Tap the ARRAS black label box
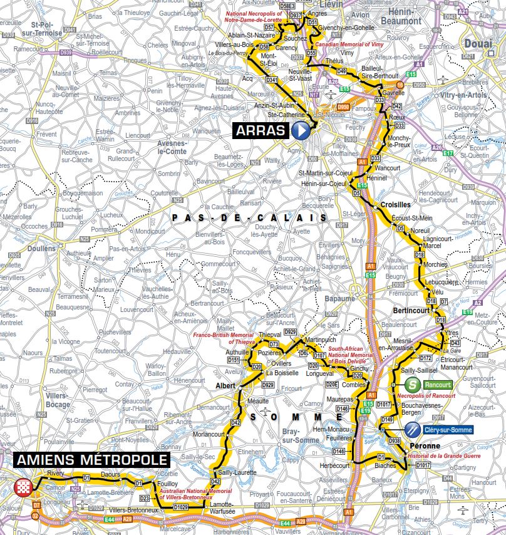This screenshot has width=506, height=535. pyautogui.click(x=262, y=131)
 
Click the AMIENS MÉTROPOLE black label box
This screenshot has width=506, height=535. pyautogui.click(x=91, y=460)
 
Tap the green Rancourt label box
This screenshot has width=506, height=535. pyautogui.click(x=437, y=385)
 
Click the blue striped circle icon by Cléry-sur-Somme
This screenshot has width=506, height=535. pyautogui.click(x=412, y=430)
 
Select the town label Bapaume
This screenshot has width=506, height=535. pyautogui.click(x=343, y=299)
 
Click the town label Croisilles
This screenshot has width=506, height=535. pyautogui.click(x=395, y=204)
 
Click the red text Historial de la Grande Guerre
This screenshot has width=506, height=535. pyautogui.click(x=436, y=457)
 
